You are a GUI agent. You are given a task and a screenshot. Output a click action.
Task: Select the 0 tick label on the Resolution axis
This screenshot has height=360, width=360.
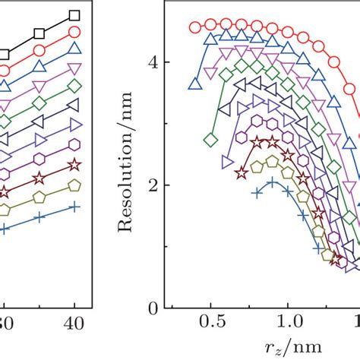(x=155, y=308)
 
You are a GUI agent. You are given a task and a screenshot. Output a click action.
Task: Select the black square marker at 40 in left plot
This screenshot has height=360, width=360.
(x=74, y=14)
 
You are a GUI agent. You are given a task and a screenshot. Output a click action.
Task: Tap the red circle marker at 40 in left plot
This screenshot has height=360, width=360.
(x=74, y=32)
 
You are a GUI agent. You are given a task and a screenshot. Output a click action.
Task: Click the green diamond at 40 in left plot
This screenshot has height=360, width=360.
(x=74, y=86)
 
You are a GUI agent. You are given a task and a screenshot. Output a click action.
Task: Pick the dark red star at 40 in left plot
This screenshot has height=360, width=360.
(x=74, y=165)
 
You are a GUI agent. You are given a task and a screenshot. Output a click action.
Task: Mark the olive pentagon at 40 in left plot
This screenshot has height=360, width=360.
(x=74, y=185)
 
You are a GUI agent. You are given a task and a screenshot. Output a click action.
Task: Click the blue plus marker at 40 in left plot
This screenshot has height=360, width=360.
(x=74, y=207)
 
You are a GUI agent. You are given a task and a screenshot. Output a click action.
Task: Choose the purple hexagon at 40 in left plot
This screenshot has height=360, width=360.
(x=74, y=144)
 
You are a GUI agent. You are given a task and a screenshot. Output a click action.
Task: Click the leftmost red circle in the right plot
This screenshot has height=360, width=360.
(x=195, y=27)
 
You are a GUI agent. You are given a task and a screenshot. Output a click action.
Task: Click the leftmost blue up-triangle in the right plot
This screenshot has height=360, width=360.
(x=195, y=84)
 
